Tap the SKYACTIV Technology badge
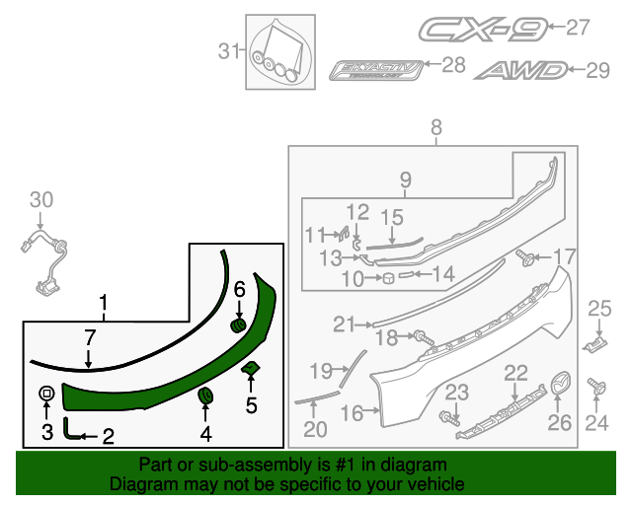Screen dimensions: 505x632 380,69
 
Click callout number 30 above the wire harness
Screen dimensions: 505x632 40,200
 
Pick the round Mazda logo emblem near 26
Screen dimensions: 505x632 562,384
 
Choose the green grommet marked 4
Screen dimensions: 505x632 206,396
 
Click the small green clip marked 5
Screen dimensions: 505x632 251,369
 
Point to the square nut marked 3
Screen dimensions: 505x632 46,395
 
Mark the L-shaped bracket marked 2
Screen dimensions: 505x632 70,427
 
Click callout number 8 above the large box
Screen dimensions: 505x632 435,126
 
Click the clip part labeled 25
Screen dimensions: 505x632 596,341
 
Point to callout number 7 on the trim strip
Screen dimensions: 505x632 90,337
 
